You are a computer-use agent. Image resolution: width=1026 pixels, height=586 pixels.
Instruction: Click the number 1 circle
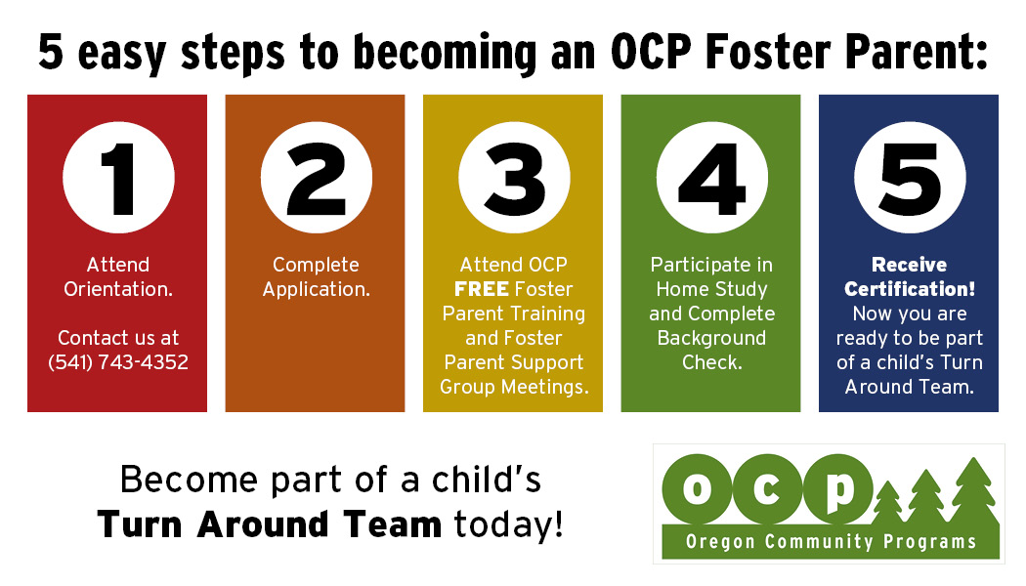[x=118, y=177]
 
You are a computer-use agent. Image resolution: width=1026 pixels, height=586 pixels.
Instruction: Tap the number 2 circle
[x=316, y=177]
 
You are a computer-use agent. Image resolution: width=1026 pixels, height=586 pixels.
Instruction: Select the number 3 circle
[x=514, y=177]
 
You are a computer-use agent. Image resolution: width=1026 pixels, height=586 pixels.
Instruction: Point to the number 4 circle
[x=712, y=177]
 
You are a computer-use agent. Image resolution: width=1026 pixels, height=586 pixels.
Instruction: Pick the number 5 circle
[x=910, y=177]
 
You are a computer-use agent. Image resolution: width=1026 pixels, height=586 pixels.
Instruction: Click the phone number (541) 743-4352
[x=118, y=362]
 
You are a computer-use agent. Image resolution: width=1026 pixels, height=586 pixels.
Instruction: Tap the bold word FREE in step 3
[x=482, y=289]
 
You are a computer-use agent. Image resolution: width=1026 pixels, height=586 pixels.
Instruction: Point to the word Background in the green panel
[x=712, y=339]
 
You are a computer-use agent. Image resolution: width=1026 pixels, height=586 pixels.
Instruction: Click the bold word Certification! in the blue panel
[x=910, y=289]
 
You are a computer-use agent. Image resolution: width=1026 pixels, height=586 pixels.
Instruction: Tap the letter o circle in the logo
[x=697, y=488]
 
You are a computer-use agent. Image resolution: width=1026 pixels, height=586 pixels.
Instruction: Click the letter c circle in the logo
[x=767, y=488]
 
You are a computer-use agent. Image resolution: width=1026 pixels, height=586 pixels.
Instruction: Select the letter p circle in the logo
[x=837, y=488]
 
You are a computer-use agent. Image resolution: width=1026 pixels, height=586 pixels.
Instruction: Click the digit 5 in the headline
[x=51, y=51]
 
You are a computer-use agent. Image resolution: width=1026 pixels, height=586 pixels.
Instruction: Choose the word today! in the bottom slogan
[x=508, y=524]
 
